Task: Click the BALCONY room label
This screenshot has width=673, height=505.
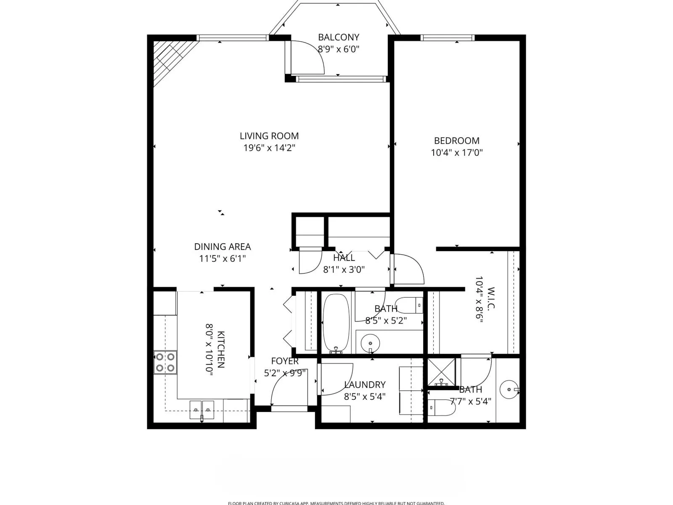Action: click(x=338, y=37)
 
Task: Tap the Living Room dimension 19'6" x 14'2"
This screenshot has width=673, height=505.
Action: click(x=269, y=148)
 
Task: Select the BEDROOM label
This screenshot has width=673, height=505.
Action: click(x=456, y=141)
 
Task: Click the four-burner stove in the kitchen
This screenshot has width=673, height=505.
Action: click(x=165, y=362)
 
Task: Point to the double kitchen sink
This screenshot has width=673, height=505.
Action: click(x=202, y=409)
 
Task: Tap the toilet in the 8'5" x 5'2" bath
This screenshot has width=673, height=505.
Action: click(x=410, y=305)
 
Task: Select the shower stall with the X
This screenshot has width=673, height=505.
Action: click(x=442, y=372)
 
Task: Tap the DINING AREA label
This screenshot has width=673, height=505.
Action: click(x=222, y=247)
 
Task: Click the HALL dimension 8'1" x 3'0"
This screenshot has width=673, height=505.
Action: click(x=344, y=270)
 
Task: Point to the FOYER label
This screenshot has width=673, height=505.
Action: click(x=285, y=361)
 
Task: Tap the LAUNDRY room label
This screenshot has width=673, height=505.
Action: click(x=365, y=385)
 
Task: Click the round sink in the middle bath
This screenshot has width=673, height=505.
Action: click(x=370, y=343)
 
